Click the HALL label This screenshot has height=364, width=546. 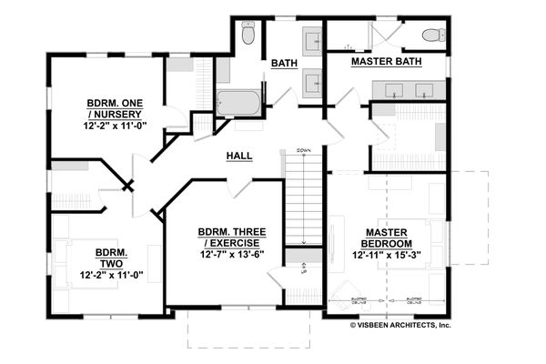coord(238,157)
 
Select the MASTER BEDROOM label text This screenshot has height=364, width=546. coord(386,238)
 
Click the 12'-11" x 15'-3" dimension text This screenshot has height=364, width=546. coord(386,256)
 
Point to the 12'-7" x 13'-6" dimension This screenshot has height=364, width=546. coord(231,256)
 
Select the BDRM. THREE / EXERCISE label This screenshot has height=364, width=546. coord(231,238)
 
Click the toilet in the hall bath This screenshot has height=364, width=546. coord(248,35)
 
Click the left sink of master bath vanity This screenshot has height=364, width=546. coord(395,90)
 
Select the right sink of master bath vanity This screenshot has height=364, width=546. coord(423,90)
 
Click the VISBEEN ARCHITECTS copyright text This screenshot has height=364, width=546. coord(399,324)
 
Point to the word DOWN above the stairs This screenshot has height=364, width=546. coord(303,150)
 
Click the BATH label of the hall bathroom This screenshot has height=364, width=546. coord(281,63)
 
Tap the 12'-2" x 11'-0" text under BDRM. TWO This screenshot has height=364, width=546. coord(113,274)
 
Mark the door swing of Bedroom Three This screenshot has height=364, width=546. coord(238,187)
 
